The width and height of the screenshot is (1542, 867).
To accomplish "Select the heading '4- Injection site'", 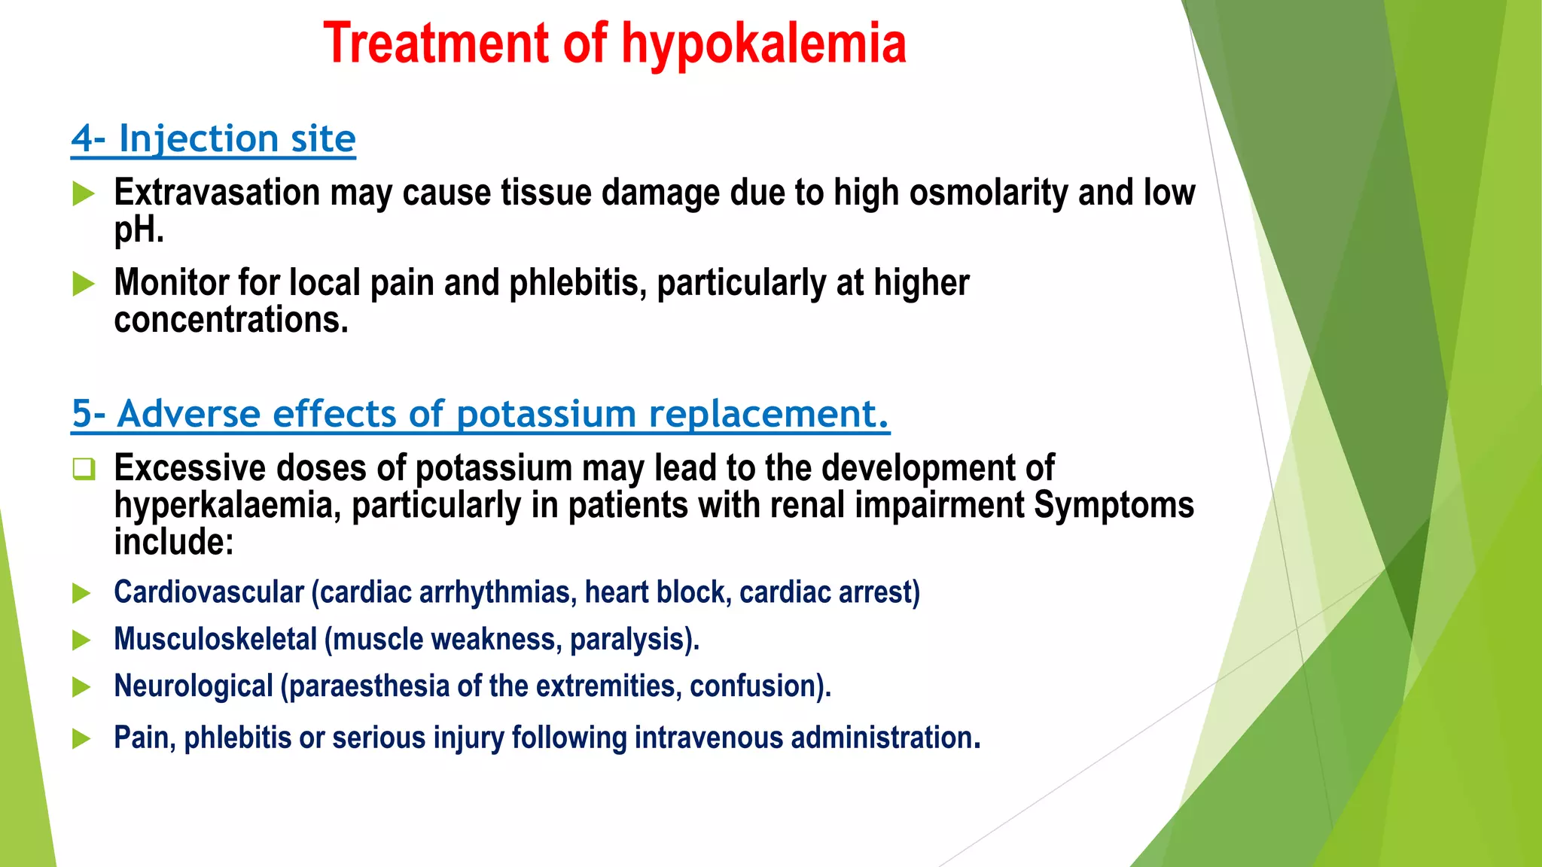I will tap(213, 139).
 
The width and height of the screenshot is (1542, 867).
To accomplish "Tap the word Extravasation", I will tap(217, 193).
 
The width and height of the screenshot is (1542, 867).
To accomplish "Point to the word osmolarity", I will tap(989, 193).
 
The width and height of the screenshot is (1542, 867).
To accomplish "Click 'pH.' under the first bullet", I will tap(139, 230).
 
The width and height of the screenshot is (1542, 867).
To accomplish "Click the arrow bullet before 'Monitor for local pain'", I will tap(83, 284).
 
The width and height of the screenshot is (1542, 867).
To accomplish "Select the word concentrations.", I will tap(231, 320).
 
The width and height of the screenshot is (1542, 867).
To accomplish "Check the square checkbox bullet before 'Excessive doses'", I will tap(83, 469).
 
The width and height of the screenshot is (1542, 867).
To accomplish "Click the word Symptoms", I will tap(1113, 505).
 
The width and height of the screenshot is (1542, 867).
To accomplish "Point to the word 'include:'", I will tap(174, 542).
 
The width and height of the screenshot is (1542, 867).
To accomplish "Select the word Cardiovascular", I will tap(209, 592).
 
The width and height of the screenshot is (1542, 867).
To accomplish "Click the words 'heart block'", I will tap(657, 592).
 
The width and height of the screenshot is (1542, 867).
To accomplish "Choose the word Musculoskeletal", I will tap(215, 640).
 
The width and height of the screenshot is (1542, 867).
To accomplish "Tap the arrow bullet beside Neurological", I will tap(81, 687).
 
